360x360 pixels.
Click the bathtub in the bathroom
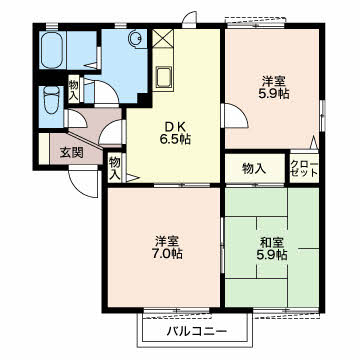(52, 49)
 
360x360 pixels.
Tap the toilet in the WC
(51, 100)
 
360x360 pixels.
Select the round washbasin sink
(136, 39)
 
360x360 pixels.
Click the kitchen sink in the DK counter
(164, 77)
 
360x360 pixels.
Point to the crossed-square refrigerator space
(163, 38)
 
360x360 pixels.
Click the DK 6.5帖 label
(175, 133)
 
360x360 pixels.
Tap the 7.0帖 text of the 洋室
(168, 254)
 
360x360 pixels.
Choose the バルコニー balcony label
(197, 331)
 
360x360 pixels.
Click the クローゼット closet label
(304, 169)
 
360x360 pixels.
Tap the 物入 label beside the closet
(254, 169)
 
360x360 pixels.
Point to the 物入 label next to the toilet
(74, 90)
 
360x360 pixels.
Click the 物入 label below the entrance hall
(114, 169)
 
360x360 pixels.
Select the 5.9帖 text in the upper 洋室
(273, 94)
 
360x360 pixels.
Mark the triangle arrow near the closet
(314, 142)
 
